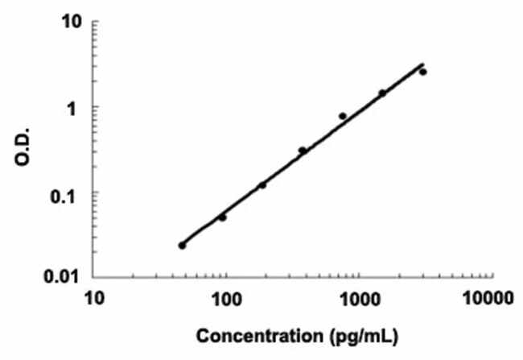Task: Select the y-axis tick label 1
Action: coord(78,107)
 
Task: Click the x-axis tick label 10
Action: coord(94,301)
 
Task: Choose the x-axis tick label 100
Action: coord(226,301)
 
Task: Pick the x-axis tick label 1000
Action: coord(358,301)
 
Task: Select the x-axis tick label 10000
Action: coord(489,301)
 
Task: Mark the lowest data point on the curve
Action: coord(182,245)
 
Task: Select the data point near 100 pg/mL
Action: coord(222,217)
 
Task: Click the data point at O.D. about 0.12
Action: coord(262,185)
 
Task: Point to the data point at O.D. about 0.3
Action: coord(303,151)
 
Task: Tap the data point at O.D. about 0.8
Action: coord(343,116)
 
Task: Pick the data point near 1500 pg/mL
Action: coord(382,93)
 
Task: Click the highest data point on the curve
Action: coord(422,72)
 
